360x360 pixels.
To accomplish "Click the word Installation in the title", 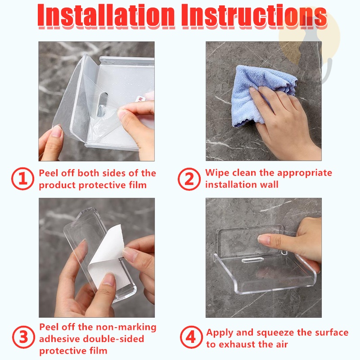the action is pos(106,16).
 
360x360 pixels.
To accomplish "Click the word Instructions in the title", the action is pos(254,16).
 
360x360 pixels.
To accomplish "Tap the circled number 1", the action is pos(22,179).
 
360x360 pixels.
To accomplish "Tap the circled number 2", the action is pos(189,179).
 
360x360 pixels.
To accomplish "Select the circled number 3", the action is pos(23,337).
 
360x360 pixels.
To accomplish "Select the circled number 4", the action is pos(191,337).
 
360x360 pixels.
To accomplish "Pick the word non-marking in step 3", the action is pos(126,327).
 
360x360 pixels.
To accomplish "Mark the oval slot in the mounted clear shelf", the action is pos(252,260).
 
